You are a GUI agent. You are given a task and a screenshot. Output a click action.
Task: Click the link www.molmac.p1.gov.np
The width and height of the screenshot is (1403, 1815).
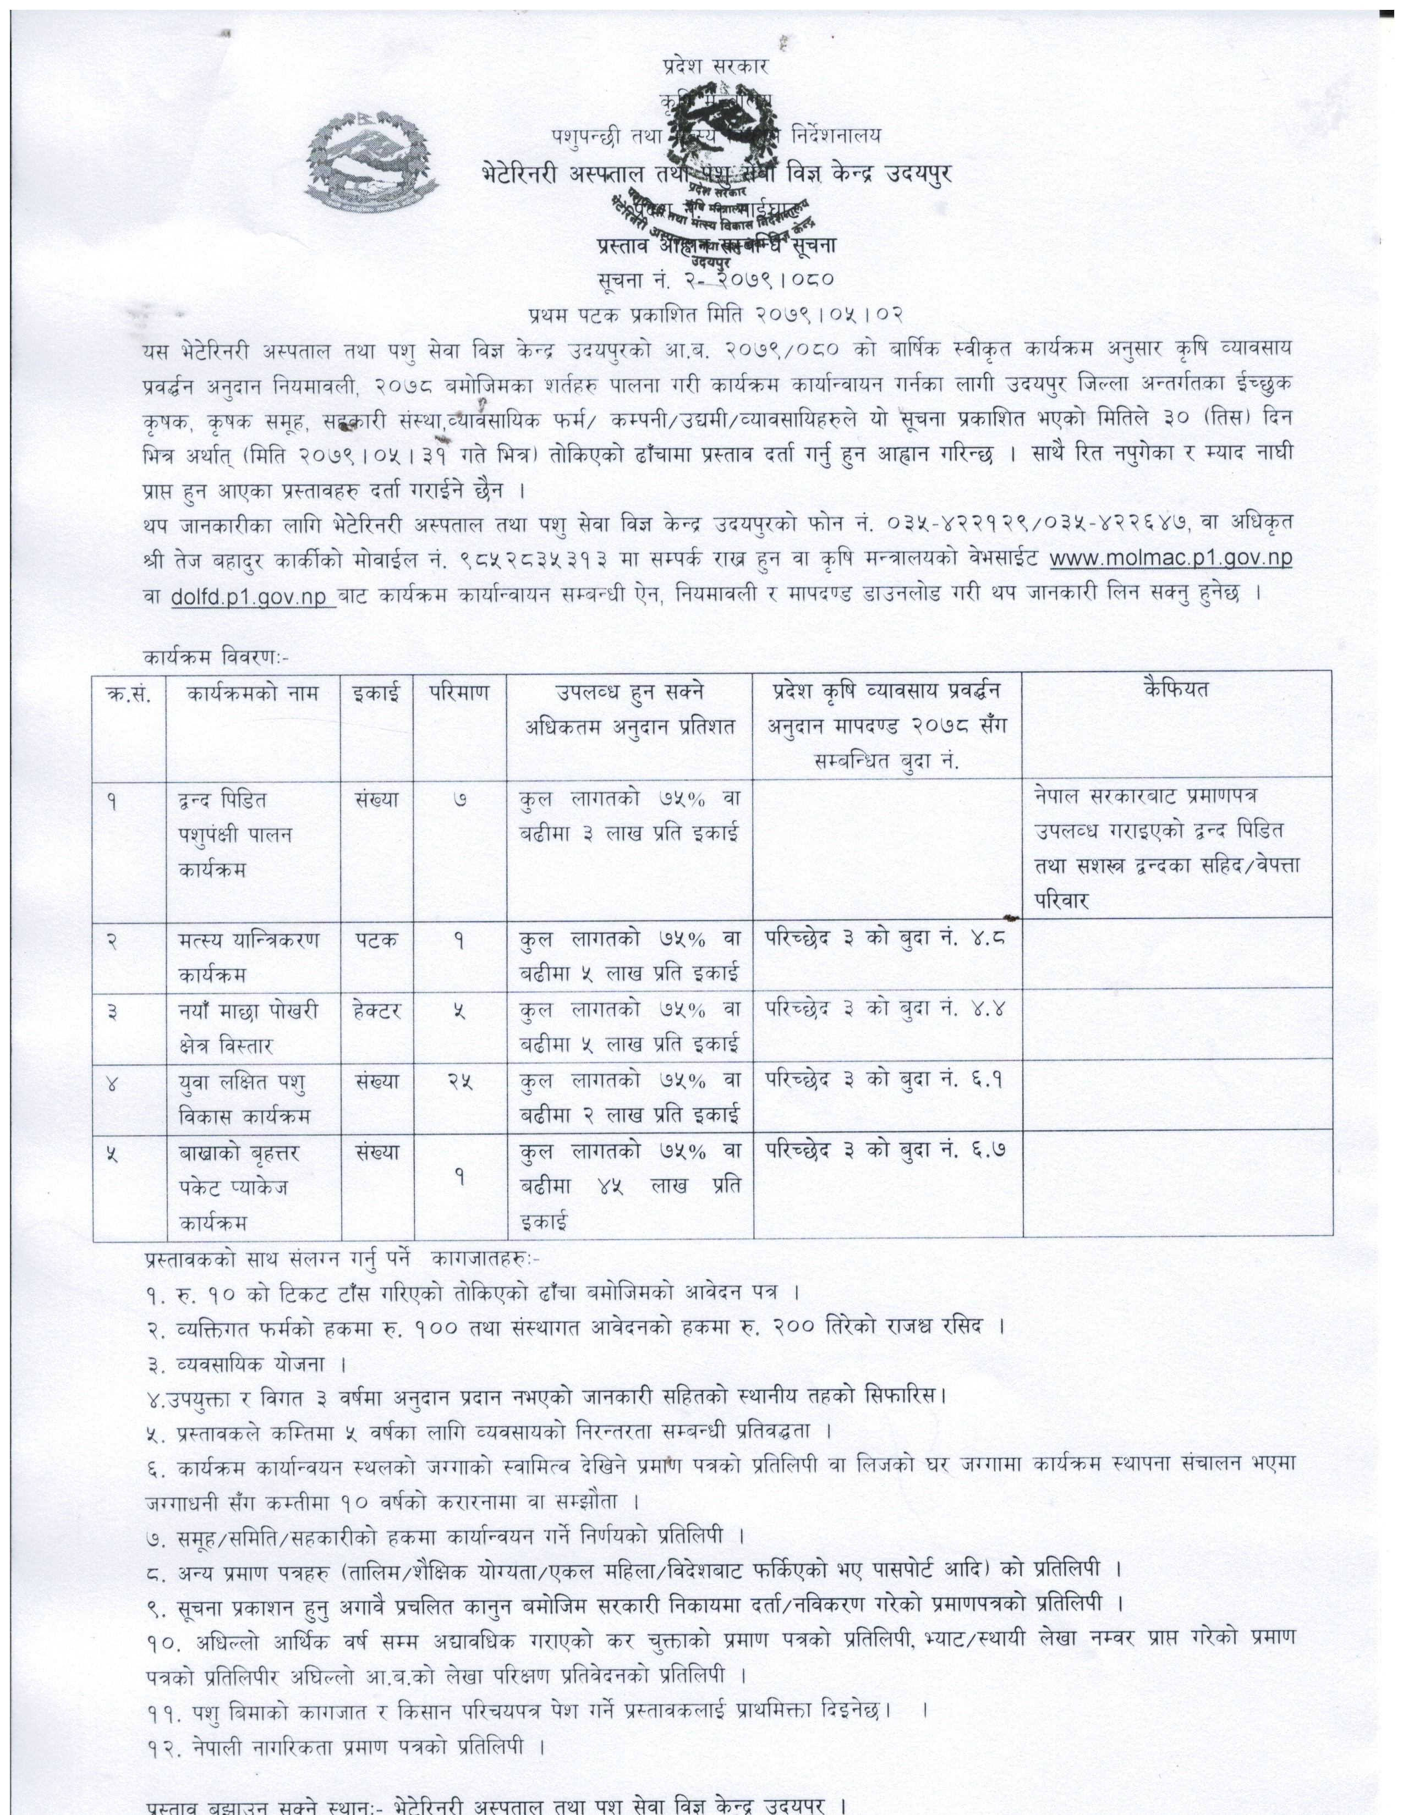pos(1170,558)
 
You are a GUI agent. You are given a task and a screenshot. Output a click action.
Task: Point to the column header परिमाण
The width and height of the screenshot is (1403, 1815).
pos(459,691)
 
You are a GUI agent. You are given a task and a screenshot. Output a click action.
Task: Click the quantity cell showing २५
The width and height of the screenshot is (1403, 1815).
pos(459,1081)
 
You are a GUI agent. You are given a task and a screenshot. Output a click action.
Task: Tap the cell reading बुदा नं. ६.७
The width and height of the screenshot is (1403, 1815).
pos(886,1151)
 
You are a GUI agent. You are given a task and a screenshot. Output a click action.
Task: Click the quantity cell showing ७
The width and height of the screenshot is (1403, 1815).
pos(459,800)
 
